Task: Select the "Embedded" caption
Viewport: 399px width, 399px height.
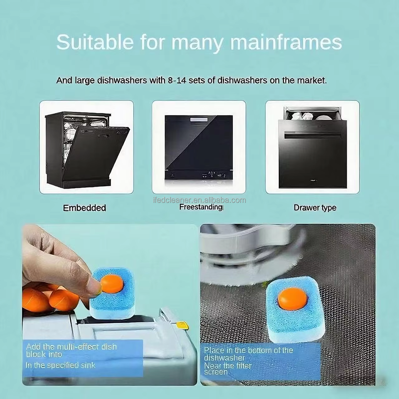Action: (84, 208)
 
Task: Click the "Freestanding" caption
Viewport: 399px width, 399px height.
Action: (201, 207)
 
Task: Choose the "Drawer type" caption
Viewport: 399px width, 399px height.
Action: (315, 208)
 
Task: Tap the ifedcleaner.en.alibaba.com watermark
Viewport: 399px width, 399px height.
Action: (200, 200)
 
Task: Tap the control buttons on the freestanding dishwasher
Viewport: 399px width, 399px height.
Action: (214, 175)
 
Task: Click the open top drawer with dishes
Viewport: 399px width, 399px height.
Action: (312, 114)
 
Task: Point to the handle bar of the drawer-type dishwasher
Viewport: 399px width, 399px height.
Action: (313, 134)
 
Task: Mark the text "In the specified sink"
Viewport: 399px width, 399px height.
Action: (61, 365)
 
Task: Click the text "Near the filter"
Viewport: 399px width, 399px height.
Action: (228, 366)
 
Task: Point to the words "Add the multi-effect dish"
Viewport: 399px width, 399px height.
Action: (71, 347)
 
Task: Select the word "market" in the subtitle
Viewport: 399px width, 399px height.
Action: (312, 80)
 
